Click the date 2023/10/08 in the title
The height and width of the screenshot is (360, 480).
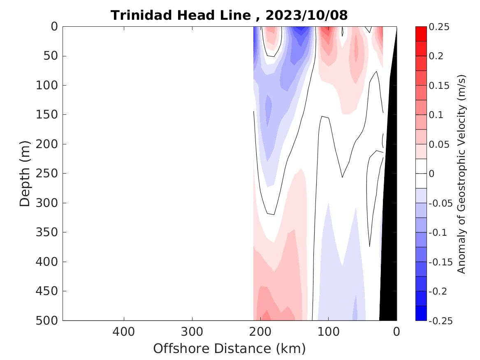point(306,16)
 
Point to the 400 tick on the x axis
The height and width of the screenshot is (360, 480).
point(124,331)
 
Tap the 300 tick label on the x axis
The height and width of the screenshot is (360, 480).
point(192,331)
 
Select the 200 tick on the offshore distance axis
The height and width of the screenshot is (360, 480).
point(260,331)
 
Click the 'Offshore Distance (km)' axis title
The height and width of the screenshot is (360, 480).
point(230,349)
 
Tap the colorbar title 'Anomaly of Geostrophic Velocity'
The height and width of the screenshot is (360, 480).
point(461,174)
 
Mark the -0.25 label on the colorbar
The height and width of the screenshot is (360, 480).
point(440,321)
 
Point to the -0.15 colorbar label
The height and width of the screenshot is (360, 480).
point(440,262)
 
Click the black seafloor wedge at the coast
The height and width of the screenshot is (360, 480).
point(388,247)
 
